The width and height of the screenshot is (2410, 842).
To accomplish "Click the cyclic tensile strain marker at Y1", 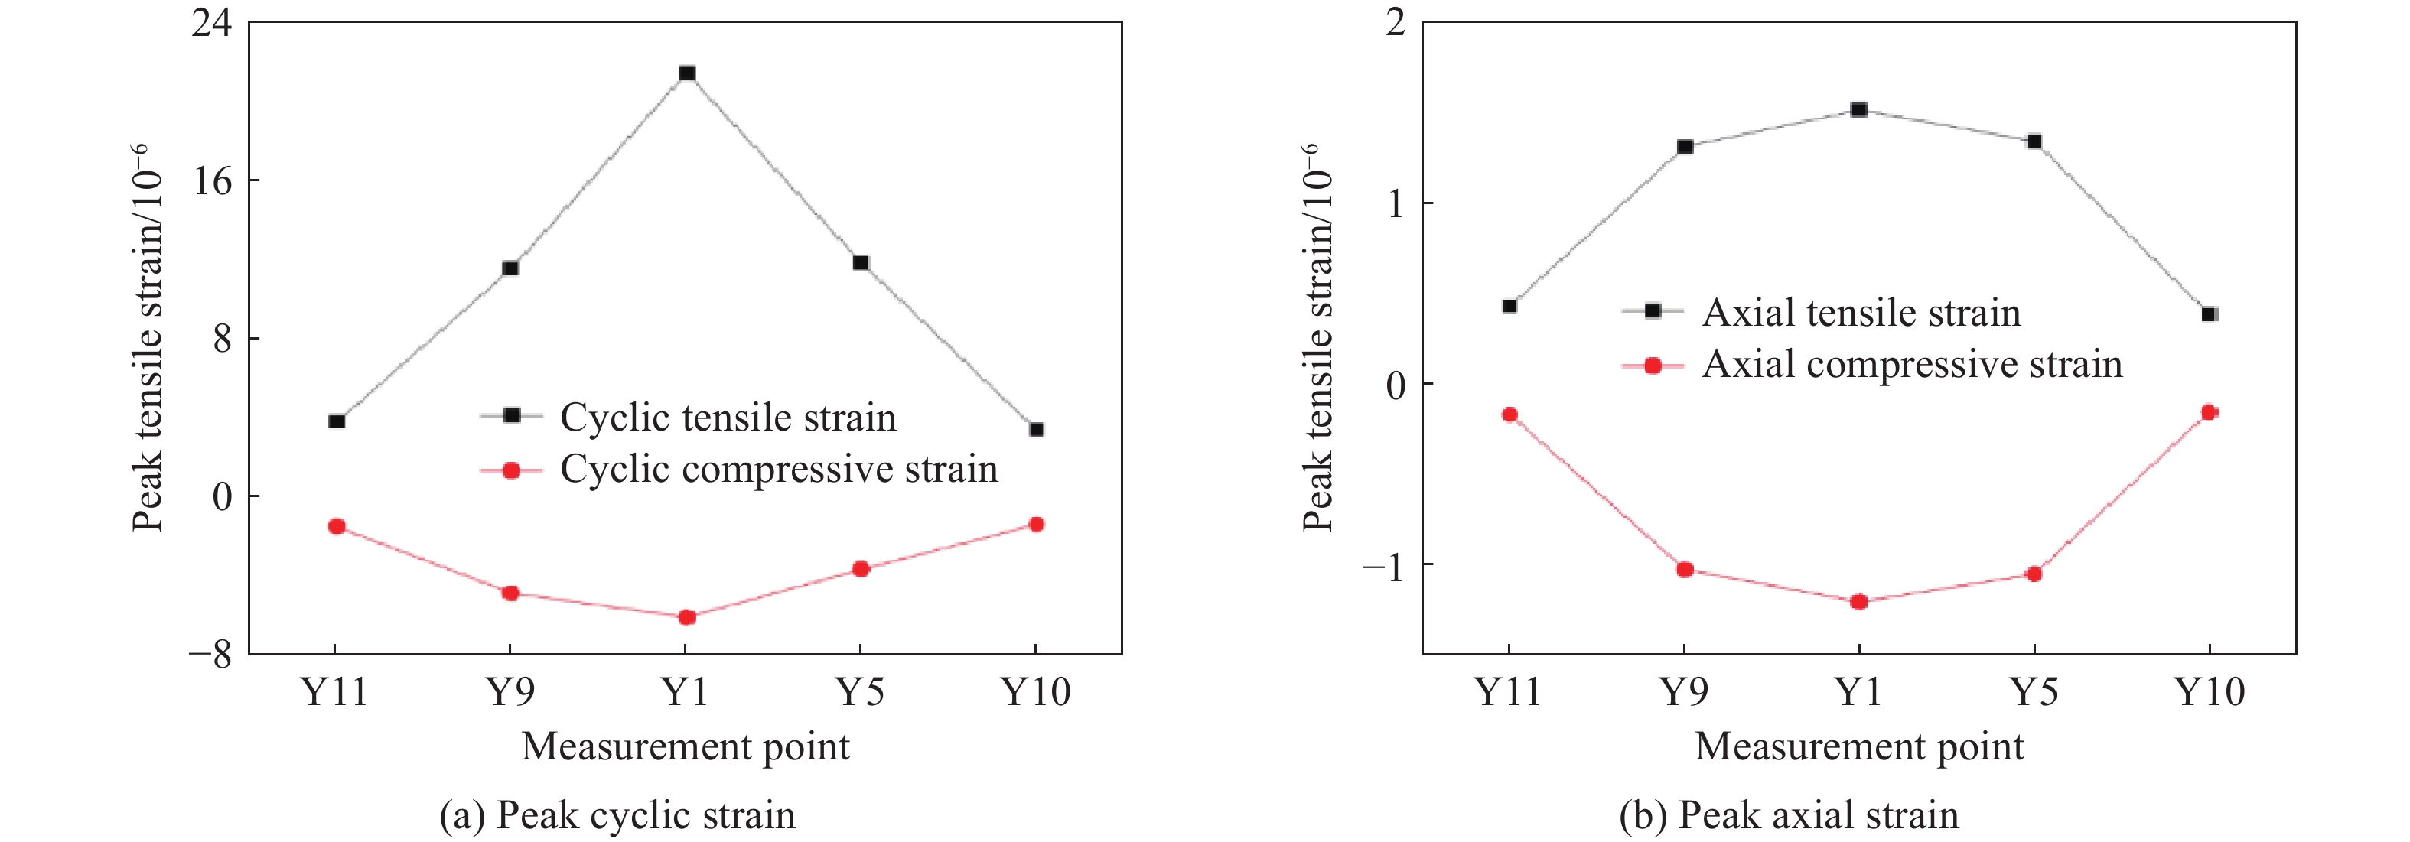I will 687,73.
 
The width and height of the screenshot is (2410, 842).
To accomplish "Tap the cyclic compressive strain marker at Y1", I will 687,617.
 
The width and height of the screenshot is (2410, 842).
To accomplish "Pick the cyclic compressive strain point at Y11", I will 337,527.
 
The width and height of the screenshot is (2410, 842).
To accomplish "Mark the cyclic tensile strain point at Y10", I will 1036,430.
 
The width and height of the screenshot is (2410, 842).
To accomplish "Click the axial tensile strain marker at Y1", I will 1859,109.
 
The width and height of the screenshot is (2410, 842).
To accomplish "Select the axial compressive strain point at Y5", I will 2034,574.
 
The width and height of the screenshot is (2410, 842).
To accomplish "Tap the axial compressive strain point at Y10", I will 2210,412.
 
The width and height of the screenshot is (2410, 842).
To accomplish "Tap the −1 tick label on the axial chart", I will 1382,566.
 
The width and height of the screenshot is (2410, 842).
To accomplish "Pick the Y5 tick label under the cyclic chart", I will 860,692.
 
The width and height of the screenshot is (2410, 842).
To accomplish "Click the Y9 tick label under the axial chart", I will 1683,692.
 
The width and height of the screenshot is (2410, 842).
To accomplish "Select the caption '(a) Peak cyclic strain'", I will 617,816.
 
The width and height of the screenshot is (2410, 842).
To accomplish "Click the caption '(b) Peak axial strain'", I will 1789,816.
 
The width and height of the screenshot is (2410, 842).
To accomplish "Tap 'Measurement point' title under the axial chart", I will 1859,746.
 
